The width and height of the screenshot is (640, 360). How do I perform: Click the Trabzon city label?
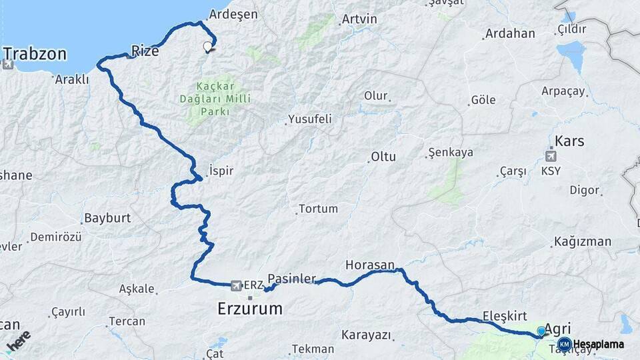click(x=35, y=53)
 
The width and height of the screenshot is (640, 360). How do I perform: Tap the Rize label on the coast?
click(x=145, y=50)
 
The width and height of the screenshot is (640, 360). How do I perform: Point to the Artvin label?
click(x=359, y=19)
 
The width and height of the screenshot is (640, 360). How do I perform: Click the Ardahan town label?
click(x=510, y=33)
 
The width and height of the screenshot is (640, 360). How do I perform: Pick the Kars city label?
click(x=569, y=141)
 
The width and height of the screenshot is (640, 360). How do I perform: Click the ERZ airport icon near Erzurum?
click(x=235, y=286)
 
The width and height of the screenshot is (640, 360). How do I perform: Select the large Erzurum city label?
click(x=250, y=309)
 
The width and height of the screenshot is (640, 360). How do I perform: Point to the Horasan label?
click(x=370, y=265)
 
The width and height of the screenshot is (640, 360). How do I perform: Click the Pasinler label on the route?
click(x=291, y=279)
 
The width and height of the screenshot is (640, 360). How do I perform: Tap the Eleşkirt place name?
click(x=505, y=316)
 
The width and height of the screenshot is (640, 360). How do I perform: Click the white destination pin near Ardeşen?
click(x=207, y=47)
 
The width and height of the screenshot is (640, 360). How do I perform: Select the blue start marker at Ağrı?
click(x=541, y=331)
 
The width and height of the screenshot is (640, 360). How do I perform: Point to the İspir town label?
click(x=221, y=171)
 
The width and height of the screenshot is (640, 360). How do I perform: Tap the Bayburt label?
click(x=107, y=218)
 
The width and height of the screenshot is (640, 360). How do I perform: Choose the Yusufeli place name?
click(x=310, y=120)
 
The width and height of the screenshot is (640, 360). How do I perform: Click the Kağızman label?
click(x=583, y=241)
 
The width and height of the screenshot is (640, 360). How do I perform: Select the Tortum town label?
click(x=319, y=209)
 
